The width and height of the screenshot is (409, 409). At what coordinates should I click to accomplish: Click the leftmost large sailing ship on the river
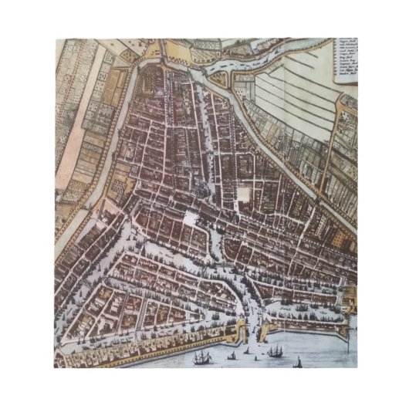pos(202,357)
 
